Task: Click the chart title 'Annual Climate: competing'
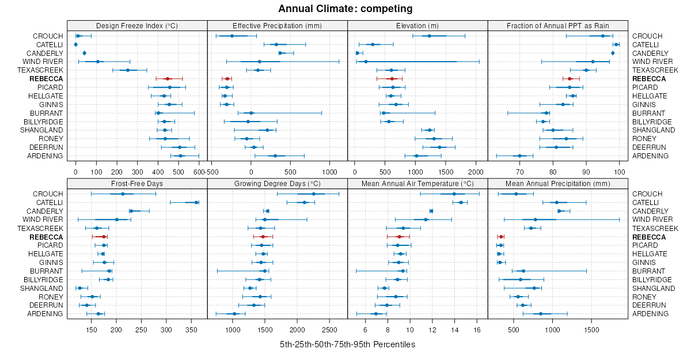click(x=345, y=9)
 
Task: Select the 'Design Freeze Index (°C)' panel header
click(x=137, y=25)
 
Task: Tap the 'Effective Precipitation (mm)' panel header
click(x=277, y=25)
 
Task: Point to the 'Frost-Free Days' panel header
click(x=137, y=184)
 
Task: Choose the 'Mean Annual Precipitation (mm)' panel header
click(x=557, y=184)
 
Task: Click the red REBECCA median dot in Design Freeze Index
click(x=168, y=79)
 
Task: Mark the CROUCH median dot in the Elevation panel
click(x=430, y=36)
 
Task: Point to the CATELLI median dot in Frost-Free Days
click(x=196, y=202)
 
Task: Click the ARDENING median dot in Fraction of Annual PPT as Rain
click(x=519, y=156)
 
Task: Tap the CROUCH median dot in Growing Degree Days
click(x=314, y=194)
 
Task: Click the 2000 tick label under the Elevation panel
click(x=476, y=172)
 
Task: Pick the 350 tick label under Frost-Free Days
click(x=192, y=329)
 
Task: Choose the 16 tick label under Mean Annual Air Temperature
click(x=477, y=329)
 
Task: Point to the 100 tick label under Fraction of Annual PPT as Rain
click(x=620, y=172)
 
